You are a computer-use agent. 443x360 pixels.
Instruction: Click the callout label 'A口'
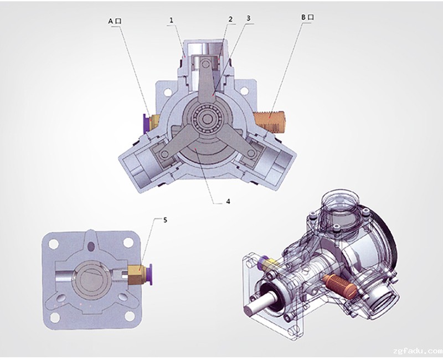coord(115,21)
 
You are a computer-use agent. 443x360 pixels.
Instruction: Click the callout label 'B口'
coord(307,17)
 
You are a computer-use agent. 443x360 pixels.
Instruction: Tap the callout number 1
coord(172,20)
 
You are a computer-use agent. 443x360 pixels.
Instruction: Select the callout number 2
coord(230,19)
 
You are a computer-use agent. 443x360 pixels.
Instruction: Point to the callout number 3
coord(248,18)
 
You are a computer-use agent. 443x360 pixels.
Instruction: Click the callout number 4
coord(228,201)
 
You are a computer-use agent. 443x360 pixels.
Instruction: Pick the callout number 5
coord(165,220)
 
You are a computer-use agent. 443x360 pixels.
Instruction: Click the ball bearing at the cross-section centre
coord(207,119)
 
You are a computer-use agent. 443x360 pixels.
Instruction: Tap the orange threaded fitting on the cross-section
coord(270,121)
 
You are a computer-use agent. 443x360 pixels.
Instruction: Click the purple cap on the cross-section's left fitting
coord(146,123)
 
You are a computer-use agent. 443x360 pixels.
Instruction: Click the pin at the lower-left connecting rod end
coord(164,154)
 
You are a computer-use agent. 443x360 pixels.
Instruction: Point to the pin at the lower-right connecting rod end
coord(251,153)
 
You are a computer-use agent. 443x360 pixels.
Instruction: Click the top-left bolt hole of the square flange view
coord(53,243)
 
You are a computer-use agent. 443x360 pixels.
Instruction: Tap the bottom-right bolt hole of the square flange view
coord(130,316)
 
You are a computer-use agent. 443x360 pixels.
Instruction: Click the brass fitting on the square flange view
coord(137,275)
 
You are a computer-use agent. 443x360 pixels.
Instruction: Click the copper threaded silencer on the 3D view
coord(340,285)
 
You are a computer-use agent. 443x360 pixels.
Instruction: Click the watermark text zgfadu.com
coord(418,351)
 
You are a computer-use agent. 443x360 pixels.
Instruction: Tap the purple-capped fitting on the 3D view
coord(268,262)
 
